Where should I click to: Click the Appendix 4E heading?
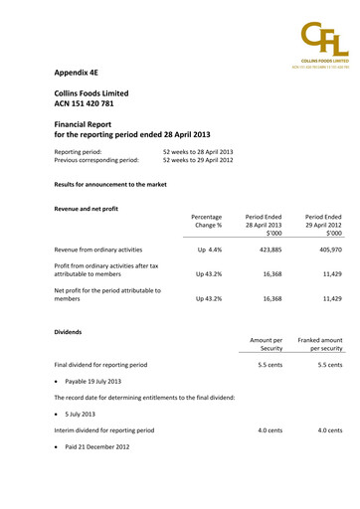[x=82, y=73]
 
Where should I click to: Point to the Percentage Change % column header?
[x=206, y=221]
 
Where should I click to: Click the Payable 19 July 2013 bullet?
[x=93, y=381]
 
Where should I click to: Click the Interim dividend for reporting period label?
[x=103, y=430]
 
